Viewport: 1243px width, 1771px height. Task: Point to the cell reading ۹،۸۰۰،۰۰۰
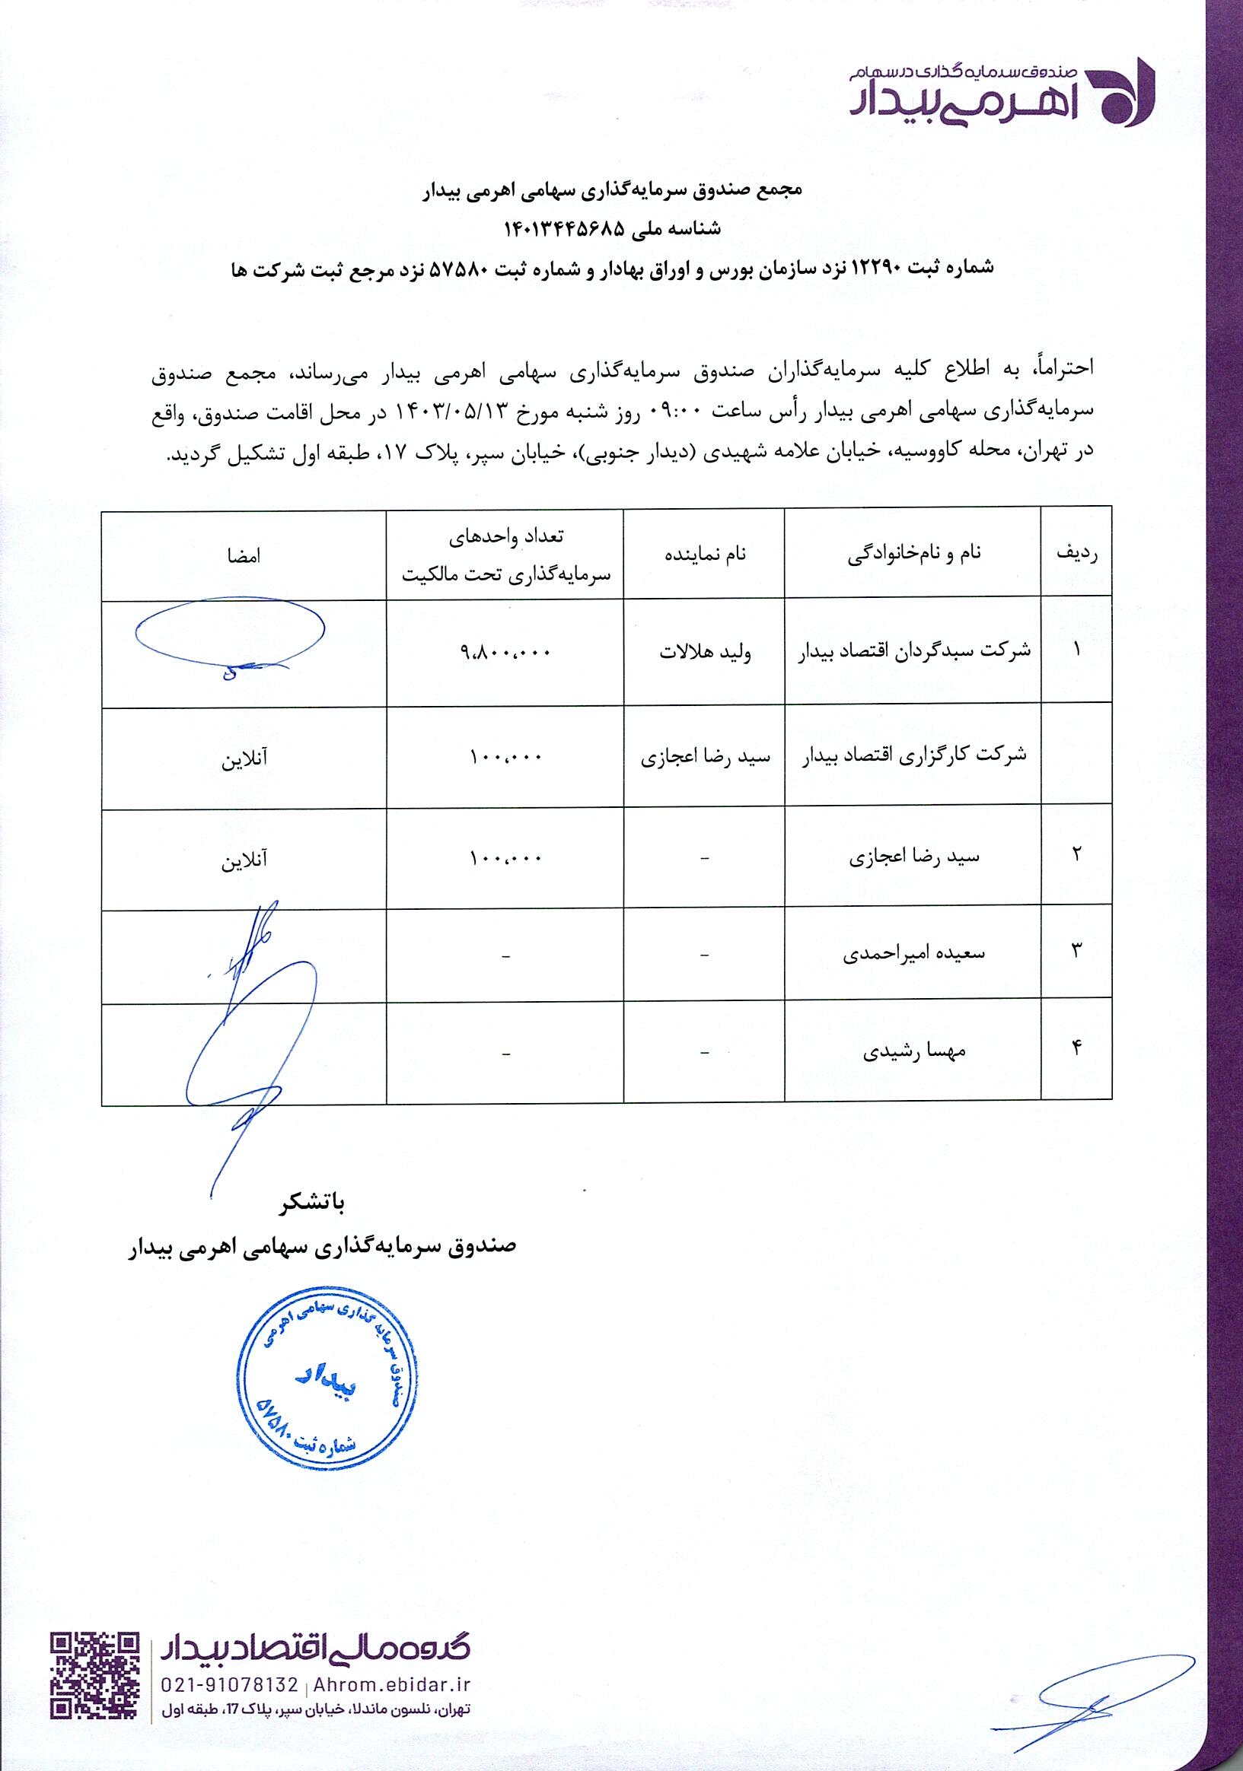tap(505, 653)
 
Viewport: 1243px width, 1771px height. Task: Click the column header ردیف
tap(1076, 553)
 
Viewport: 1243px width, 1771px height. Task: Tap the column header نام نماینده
tap(703, 555)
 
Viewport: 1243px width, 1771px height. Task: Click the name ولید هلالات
tap(703, 653)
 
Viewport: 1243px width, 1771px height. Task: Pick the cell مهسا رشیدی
tap(913, 1052)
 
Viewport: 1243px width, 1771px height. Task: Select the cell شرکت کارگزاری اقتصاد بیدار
tap(915, 756)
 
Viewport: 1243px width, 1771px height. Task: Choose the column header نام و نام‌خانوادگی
tap(914, 555)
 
